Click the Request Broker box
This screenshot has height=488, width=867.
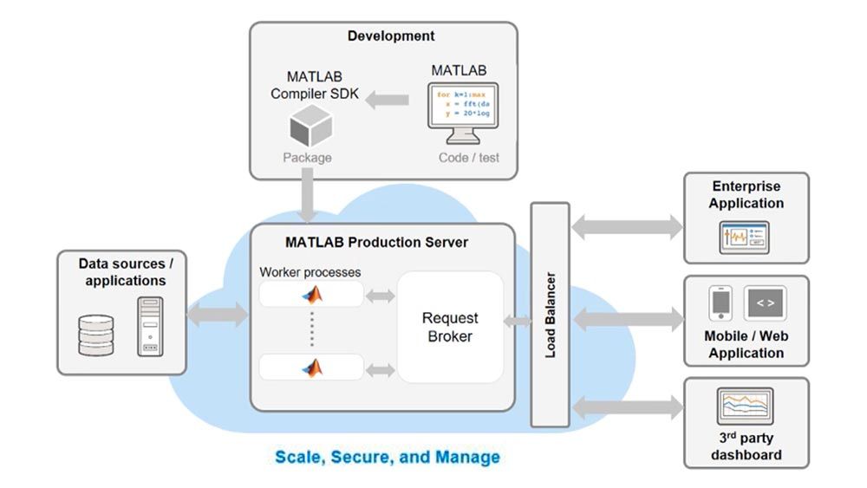pyautogui.click(x=450, y=328)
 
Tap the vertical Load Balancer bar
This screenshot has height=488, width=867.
pyautogui.click(x=550, y=315)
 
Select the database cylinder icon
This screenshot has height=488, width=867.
pyautogui.click(x=95, y=334)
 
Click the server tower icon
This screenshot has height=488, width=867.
pyautogui.click(x=149, y=326)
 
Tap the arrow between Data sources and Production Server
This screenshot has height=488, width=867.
pyautogui.click(x=217, y=313)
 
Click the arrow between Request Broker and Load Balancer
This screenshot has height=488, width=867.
pyautogui.click(x=518, y=322)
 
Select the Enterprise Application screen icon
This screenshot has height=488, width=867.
pyautogui.click(x=744, y=237)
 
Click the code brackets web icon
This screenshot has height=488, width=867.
pyautogui.click(x=765, y=303)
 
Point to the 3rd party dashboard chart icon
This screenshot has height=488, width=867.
pyautogui.click(x=745, y=405)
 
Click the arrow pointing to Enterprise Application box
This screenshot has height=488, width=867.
pyautogui.click(x=627, y=228)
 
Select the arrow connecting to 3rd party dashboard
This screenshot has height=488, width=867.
pyautogui.click(x=627, y=405)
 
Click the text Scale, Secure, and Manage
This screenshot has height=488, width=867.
pyautogui.click(x=388, y=456)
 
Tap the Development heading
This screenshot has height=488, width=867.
pyautogui.click(x=391, y=36)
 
